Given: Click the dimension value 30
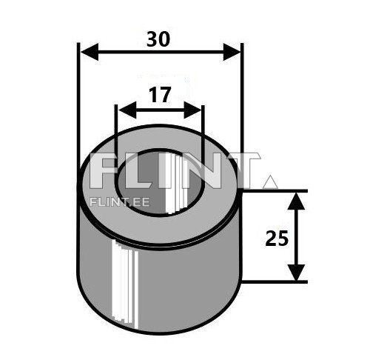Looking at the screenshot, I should click(x=158, y=38).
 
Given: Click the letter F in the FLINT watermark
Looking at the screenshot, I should click(x=104, y=172).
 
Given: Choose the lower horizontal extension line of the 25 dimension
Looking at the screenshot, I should click(x=274, y=281).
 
